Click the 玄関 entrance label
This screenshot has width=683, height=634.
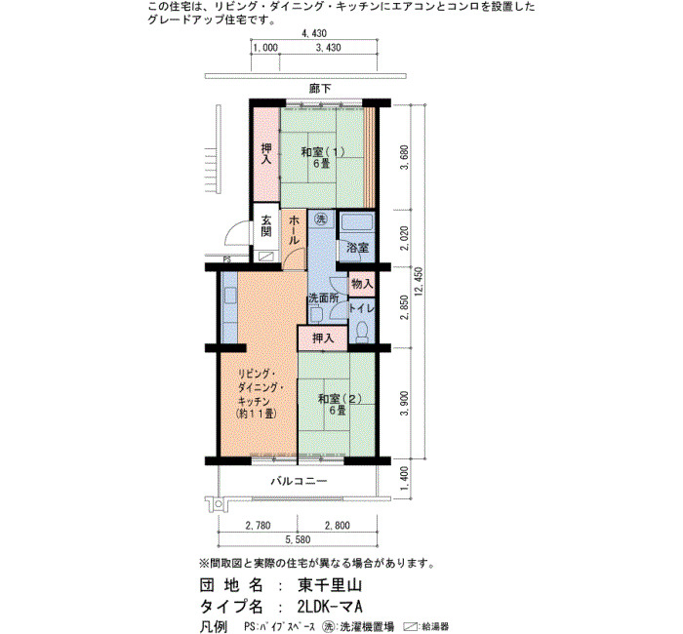pyautogui.click(x=266, y=225)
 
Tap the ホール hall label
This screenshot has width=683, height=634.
pyautogui.click(x=294, y=230)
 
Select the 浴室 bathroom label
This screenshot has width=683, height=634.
pyautogui.click(x=358, y=248)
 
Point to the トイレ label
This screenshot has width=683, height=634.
pyautogui.click(x=362, y=308)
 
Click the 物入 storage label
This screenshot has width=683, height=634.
pyautogui.click(x=362, y=284)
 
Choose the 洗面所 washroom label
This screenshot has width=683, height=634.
pyautogui.click(x=324, y=298)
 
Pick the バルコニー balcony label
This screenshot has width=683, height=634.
pyautogui.click(x=299, y=481)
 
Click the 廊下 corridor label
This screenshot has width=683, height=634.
pyautogui.click(x=320, y=89)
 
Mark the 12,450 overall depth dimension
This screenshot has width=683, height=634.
pyautogui.click(x=419, y=282)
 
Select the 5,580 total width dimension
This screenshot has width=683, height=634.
pyautogui.click(x=298, y=539)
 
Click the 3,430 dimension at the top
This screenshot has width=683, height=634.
pyautogui.click(x=328, y=48)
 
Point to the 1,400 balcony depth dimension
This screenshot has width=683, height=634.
pyautogui.click(x=404, y=478)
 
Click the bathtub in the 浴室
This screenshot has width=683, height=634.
pyautogui.click(x=357, y=223)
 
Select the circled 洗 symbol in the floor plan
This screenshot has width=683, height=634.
pyautogui.click(x=321, y=218)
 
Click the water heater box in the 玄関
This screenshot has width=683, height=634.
pyautogui.click(x=266, y=257)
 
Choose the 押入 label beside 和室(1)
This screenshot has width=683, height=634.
pyautogui.click(x=266, y=154)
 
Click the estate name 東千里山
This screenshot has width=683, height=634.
pyautogui.click(x=330, y=585)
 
